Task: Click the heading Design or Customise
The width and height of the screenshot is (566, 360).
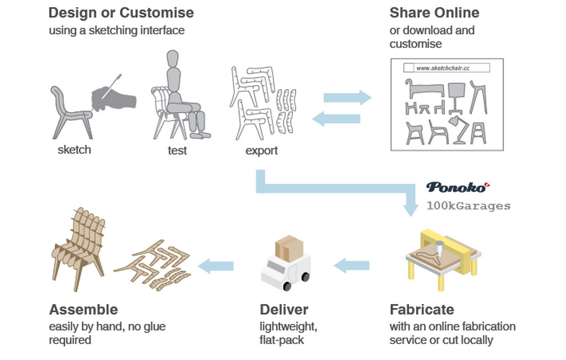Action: (121, 13)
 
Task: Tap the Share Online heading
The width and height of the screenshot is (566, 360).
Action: (434, 13)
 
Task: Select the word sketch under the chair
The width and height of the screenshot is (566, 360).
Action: (74, 149)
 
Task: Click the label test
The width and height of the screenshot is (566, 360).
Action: (177, 150)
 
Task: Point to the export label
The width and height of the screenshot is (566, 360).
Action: (261, 150)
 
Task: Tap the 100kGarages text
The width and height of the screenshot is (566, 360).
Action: (468, 206)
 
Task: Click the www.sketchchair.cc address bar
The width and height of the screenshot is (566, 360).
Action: (447, 68)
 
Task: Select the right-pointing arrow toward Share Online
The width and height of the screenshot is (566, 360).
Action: (347, 97)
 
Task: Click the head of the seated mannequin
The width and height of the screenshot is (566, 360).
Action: (173, 59)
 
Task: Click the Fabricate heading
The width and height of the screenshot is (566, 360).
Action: (422, 309)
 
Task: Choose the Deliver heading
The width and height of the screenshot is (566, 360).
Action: (284, 309)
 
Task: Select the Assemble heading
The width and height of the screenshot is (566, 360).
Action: (83, 309)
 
